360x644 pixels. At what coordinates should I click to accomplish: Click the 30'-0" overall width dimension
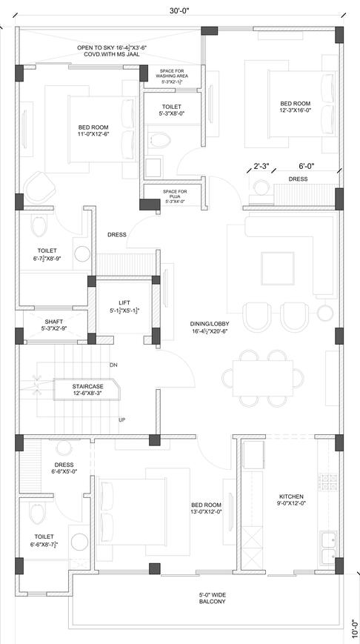pyautogui.click(x=178, y=10)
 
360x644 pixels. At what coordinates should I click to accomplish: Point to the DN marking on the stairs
pyautogui.click(x=113, y=365)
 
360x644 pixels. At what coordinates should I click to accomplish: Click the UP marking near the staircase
pyautogui.click(x=121, y=419)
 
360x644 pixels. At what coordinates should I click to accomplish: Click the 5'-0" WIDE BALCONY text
pyautogui.click(x=211, y=598)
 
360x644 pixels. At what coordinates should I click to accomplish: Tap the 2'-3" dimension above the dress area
pyautogui.click(x=261, y=166)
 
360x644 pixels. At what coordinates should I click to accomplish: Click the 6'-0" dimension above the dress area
pyautogui.click(x=307, y=166)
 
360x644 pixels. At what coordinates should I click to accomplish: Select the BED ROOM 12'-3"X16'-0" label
pyautogui.click(x=295, y=107)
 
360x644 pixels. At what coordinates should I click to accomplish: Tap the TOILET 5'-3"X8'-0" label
pyautogui.click(x=171, y=110)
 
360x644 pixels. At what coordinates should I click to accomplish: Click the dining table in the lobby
pyautogui.click(x=263, y=376)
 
